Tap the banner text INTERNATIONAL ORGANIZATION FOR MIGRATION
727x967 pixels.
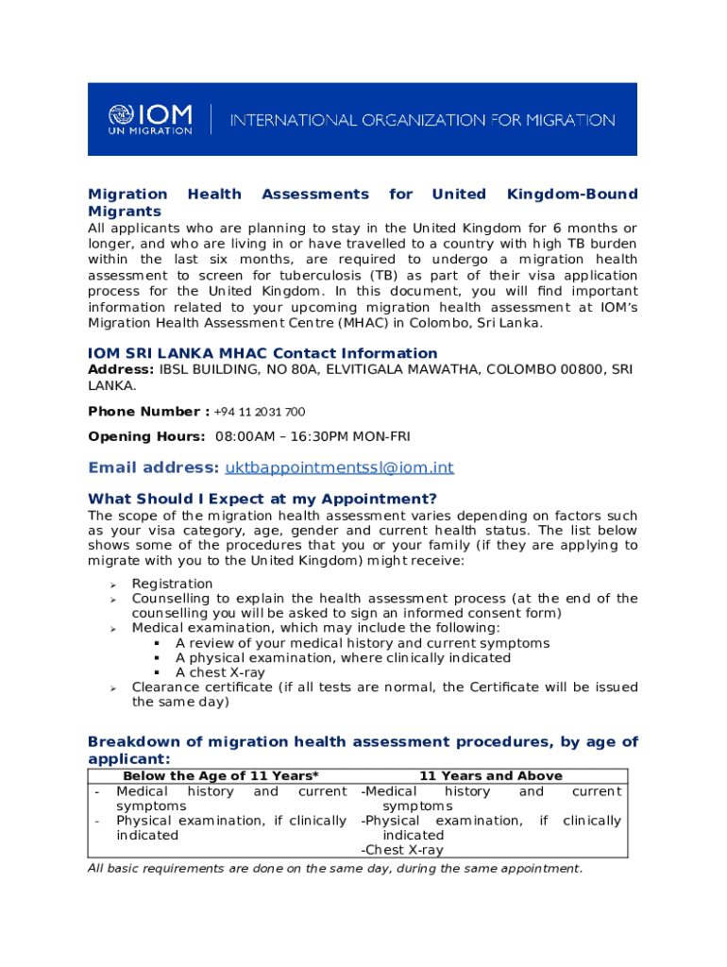[423, 121]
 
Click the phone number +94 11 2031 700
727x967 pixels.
[260, 412]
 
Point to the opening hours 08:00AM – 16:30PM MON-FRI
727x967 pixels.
[313, 436]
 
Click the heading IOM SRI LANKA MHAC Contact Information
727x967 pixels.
[262, 353]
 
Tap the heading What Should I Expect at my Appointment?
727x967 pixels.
[262, 499]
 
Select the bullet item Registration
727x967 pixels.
[172, 584]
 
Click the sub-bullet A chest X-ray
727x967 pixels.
[220, 672]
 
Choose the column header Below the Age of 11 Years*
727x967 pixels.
[221, 775]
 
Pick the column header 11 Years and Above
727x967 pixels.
[491, 775]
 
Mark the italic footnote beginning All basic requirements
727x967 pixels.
[335, 869]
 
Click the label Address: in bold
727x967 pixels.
[122, 369]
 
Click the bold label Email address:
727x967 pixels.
[153, 467]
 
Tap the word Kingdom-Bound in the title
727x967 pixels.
[572, 194]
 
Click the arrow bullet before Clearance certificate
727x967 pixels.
[112, 687]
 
